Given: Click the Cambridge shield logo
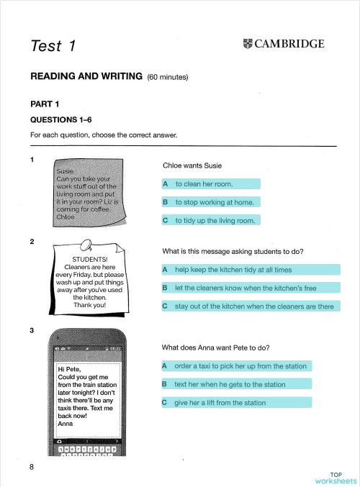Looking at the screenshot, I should tap(248, 45).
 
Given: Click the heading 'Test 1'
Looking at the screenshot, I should tap(53, 47).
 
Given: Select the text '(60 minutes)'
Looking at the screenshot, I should tap(169, 76).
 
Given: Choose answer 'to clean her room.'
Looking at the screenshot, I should tap(203, 185).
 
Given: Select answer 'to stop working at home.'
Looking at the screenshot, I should tap(214, 203).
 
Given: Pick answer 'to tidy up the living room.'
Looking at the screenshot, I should tap(215, 221).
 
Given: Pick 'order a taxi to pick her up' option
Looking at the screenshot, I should tap(240, 366).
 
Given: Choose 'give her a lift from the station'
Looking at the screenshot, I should tap(220, 403).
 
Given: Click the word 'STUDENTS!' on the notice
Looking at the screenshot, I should tap(90, 260).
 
